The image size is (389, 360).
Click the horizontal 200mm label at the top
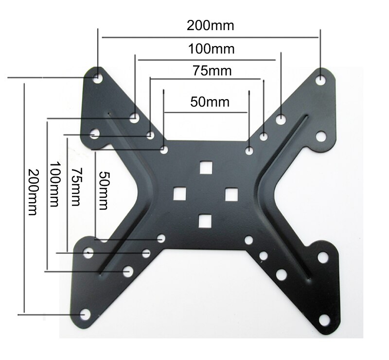point(211,25)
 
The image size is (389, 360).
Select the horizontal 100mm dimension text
point(211,49)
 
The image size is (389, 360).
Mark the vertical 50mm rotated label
point(103,189)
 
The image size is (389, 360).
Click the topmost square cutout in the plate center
point(206,167)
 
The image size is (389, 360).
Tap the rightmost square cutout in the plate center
point(230,193)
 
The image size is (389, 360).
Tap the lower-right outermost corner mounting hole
point(323,319)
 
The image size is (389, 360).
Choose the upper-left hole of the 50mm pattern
point(164,149)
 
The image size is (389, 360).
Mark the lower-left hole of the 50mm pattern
point(161,239)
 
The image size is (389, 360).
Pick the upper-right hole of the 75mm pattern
point(264,137)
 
